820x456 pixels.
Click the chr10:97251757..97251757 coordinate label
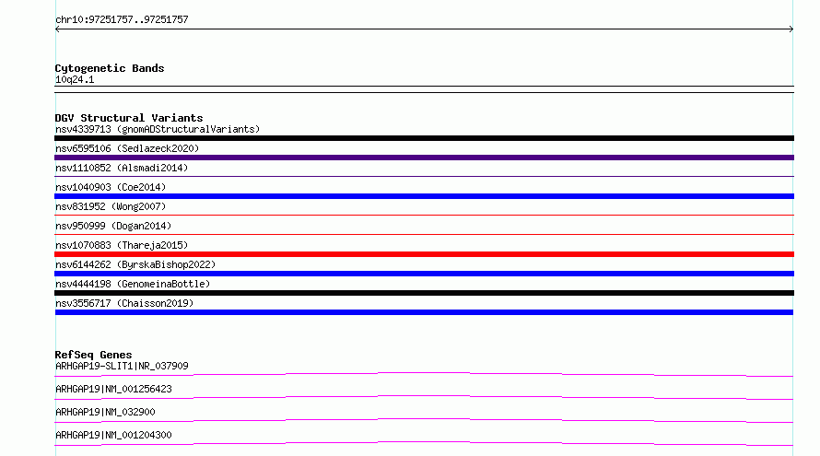(122, 20)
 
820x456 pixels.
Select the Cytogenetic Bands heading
(110, 68)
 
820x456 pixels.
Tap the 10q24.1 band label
(75, 79)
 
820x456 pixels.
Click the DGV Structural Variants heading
(129, 118)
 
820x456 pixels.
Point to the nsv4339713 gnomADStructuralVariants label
(158, 129)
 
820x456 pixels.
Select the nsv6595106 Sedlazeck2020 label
(127, 148)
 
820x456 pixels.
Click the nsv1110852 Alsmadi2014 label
(122, 168)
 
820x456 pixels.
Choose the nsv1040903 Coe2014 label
(111, 187)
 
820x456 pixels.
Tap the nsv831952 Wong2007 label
(111, 206)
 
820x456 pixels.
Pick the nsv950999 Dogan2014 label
(113, 226)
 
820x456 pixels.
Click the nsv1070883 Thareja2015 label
(122, 245)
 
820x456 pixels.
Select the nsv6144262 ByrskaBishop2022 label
(135, 264)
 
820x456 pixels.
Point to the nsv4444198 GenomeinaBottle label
(133, 284)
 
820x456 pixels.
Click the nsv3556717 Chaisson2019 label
(124, 303)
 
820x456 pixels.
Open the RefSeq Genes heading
(94, 355)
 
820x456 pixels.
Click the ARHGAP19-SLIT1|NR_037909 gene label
(122, 366)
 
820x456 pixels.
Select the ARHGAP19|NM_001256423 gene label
(113, 389)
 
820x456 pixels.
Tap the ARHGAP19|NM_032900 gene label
(105, 412)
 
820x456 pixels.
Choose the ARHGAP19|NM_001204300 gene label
(113, 435)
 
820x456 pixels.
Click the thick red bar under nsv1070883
(424, 254)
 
